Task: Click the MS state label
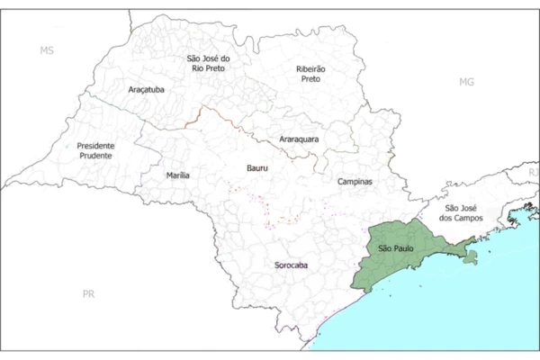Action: point(47,50)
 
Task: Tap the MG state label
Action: point(465,82)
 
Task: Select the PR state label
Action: point(88,293)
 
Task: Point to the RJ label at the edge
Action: point(533,171)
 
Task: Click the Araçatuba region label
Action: point(146,90)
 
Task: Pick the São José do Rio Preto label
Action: point(208,65)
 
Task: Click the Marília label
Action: point(178,175)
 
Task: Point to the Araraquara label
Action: point(299,139)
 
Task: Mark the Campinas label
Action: point(355,182)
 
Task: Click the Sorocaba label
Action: point(291,265)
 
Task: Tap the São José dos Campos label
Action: point(463,212)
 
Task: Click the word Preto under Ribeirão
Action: point(310,79)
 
